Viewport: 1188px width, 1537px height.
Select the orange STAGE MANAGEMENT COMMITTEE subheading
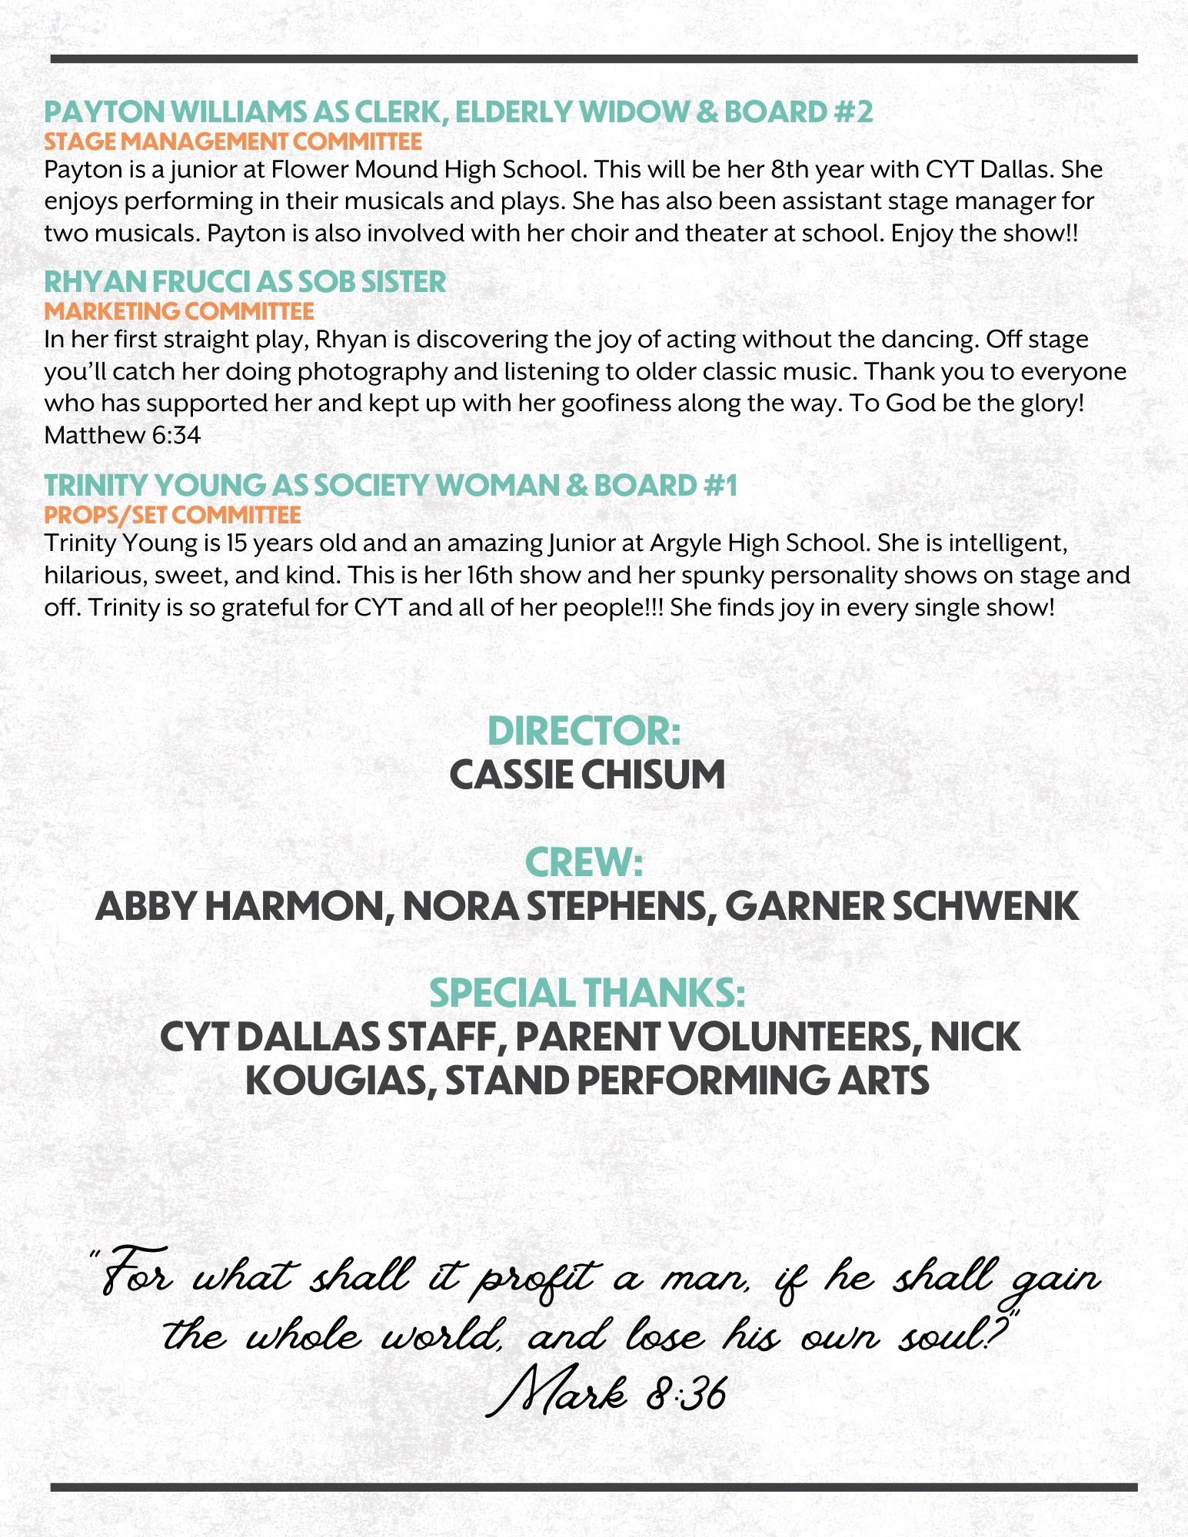[x=233, y=141]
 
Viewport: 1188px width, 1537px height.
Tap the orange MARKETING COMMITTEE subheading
[x=179, y=311]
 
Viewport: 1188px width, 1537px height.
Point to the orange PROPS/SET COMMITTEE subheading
[x=172, y=514]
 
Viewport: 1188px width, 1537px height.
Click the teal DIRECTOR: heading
[x=584, y=730]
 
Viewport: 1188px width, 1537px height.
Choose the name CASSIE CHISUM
[x=587, y=774]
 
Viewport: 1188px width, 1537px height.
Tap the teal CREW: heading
[x=584, y=862]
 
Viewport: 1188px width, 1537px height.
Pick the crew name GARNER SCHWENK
[x=902, y=906]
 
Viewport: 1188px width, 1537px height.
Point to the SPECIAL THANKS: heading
[x=587, y=993]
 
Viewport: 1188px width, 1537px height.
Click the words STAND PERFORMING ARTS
[x=687, y=1081]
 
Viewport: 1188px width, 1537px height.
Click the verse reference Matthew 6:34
[x=122, y=436]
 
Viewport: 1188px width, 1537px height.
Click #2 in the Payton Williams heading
[x=853, y=112]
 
